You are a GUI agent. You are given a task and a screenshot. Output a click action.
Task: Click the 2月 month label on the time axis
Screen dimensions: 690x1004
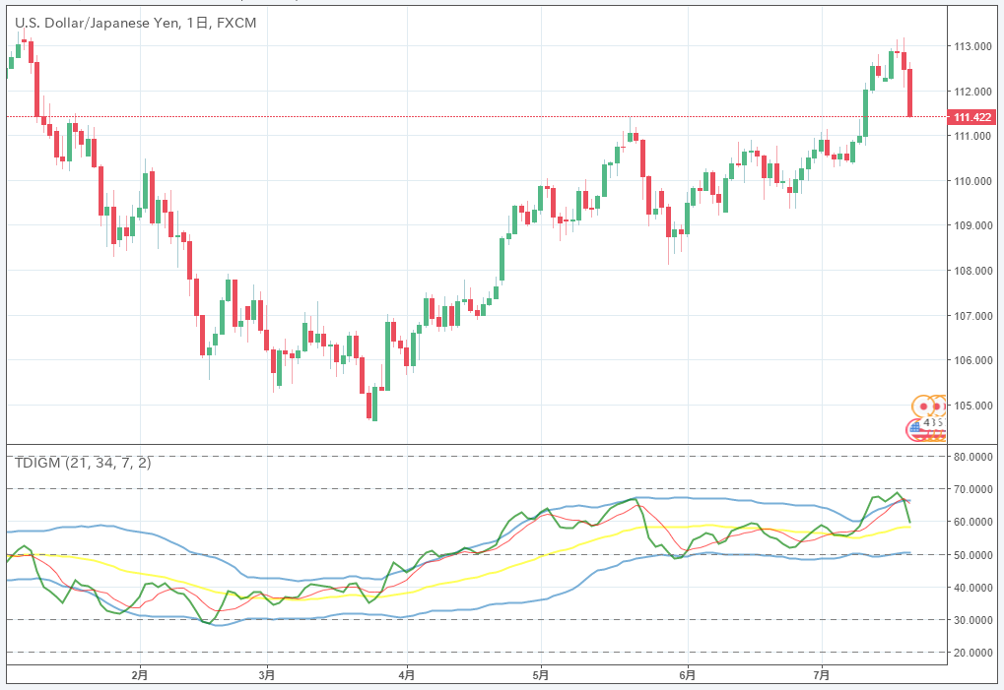[139, 675]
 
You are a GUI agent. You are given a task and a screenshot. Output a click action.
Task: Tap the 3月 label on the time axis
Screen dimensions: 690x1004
[266, 675]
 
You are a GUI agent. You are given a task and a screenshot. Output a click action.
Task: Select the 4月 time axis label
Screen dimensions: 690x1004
[406, 675]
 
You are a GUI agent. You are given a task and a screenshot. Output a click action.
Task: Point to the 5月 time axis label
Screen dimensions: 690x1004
[542, 675]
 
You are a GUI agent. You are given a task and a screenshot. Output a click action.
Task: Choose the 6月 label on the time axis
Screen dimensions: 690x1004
[688, 675]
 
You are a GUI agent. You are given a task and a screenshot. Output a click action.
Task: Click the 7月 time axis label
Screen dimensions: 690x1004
[823, 675]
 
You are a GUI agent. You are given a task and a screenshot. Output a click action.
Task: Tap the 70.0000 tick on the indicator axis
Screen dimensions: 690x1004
[971, 489]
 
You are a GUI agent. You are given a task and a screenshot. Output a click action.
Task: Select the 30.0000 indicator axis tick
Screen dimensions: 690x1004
[971, 620]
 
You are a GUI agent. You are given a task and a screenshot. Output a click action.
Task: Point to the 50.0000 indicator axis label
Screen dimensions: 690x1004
[971, 555]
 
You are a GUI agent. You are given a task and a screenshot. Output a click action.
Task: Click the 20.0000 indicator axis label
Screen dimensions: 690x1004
[971, 653]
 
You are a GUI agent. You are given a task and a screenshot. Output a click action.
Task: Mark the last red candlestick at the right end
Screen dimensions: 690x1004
[910, 93]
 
